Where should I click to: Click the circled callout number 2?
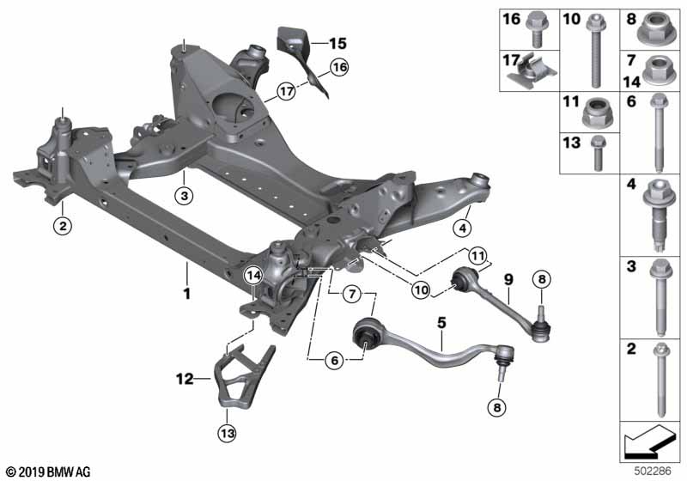63,226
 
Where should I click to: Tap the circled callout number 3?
184,196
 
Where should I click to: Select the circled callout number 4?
463,228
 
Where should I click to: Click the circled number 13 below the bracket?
228,433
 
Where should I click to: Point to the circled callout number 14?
253,276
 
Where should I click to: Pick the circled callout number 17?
287,92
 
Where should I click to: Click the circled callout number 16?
339,68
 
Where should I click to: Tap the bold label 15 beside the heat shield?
337,43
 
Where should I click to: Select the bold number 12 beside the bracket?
185,379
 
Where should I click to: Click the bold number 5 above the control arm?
441,323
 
